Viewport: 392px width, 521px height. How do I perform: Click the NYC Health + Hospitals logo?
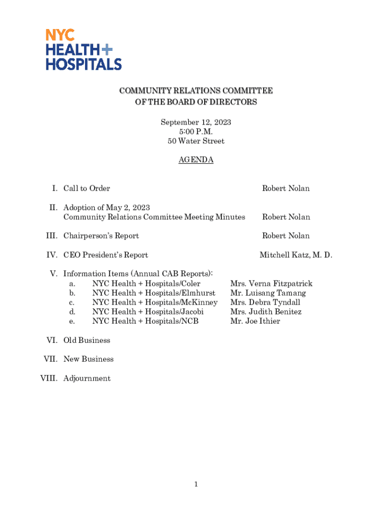click(84, 49)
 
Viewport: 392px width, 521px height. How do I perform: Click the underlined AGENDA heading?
click(196, 160)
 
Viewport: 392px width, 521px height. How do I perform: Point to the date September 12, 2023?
click(196, 122)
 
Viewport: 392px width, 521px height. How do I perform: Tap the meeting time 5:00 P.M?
click(196, 132)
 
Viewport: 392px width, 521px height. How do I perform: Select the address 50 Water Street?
click(196, 141)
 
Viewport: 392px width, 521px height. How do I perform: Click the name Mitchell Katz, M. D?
click(296, 255)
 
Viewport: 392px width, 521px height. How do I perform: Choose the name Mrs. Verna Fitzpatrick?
click(271, 283)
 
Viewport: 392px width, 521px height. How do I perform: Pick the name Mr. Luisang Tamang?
click(268, 293)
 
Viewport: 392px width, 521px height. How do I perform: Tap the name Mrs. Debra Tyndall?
click(265, 302)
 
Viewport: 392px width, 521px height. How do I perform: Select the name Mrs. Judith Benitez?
click(266, 311)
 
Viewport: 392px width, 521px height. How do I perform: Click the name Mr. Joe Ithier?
click(255, 321)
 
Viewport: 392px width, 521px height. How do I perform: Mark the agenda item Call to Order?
click(87, 189)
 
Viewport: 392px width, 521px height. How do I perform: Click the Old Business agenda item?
click(87, 340)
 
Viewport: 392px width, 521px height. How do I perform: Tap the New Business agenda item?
click(89, 359)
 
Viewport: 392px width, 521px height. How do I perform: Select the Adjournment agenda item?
click(87, 379)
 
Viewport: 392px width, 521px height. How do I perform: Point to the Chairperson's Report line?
click(101, 236)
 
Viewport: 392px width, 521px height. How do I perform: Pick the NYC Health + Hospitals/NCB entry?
click(145, 321)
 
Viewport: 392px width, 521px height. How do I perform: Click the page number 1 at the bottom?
click(196, 484)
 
